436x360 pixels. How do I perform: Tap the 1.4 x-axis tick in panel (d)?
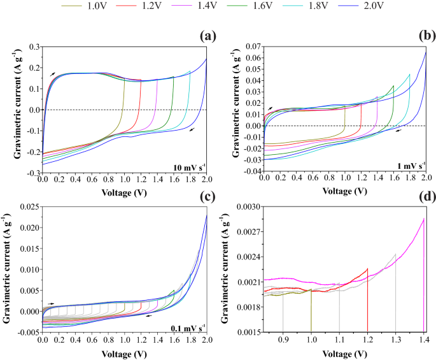(x=423, y=340)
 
